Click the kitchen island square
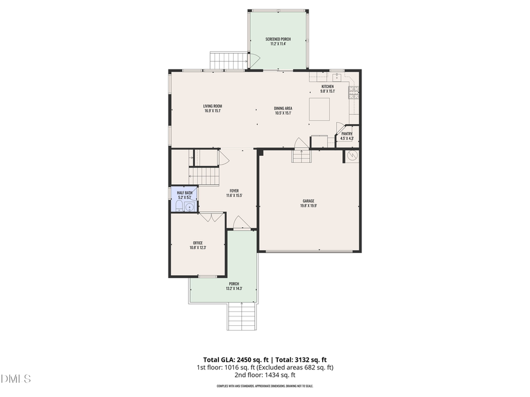point(321,109)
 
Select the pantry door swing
point(340,128)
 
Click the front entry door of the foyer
point(240,223)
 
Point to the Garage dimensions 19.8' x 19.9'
point(309,205)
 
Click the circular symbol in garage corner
point(352,155)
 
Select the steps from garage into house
point(300,156)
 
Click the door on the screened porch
point(254,59)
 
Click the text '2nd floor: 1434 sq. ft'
point(264,375)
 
